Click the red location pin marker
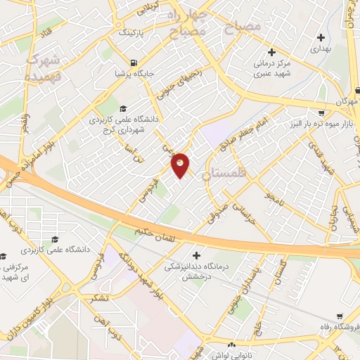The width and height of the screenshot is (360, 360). pyautogui.click(x=180, y=165)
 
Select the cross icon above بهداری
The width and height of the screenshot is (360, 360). pyautogui.click(x=321, y=37)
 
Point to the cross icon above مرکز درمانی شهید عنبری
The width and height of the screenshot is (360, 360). pyautogui.click(x=272, y=51)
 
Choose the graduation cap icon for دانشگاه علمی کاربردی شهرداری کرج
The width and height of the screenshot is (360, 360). pyautogui.click(x=124, y=108)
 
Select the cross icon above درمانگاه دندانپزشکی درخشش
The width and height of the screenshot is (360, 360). pyautogui.click(x=196, y=255)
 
